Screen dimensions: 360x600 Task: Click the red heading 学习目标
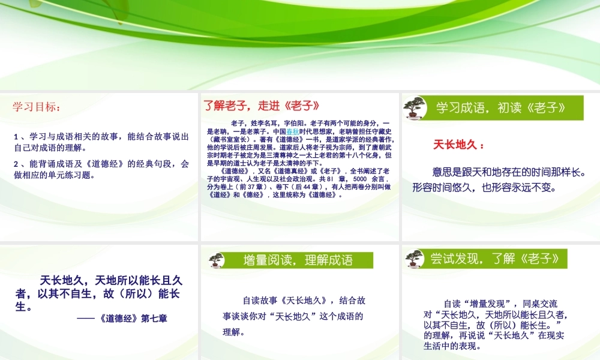click(37, 107)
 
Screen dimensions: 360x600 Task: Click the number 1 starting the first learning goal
click(16, 137)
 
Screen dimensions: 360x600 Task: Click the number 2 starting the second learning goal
click(16, 164)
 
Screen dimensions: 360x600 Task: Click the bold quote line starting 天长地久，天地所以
click(111, 280)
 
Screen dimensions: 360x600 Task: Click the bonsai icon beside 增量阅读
click(217, 259)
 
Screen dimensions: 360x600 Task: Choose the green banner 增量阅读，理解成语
click(298, 260)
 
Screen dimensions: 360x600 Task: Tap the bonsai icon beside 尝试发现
click(413, 259)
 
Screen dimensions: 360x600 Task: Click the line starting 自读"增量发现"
click(500, 303)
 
